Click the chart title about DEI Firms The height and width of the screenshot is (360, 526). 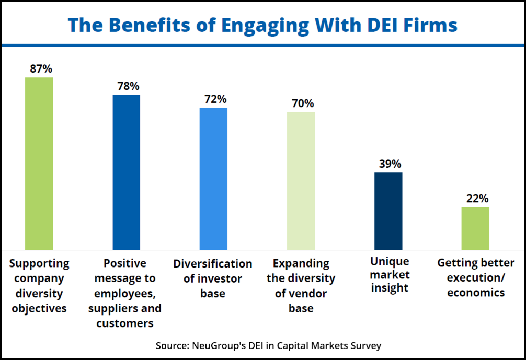pos(262,25)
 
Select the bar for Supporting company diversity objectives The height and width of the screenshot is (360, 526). pos(39,163)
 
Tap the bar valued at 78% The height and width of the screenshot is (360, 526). pos(127,172)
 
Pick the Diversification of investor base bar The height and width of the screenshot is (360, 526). pos(213,178)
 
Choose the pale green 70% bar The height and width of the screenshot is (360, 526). pos(301,180)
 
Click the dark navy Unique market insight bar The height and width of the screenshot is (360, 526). pos(388,211)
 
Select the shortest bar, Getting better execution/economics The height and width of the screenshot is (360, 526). pos(475,228)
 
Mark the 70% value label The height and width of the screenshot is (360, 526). pos(301,103)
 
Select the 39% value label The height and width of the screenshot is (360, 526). pos(388,164)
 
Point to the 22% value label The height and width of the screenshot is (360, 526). pos(475,198)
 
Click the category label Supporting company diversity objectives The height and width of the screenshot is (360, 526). pos(39,286)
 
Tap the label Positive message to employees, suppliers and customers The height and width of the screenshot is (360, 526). pos(125,293)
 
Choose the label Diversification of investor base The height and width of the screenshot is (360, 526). pos(213,278)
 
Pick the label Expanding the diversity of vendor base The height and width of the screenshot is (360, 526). pos(301,286)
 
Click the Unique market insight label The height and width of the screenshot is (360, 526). pos(390,274)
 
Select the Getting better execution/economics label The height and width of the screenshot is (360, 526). pos(476,277)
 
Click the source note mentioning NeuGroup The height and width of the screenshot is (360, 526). pos(268,345)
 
